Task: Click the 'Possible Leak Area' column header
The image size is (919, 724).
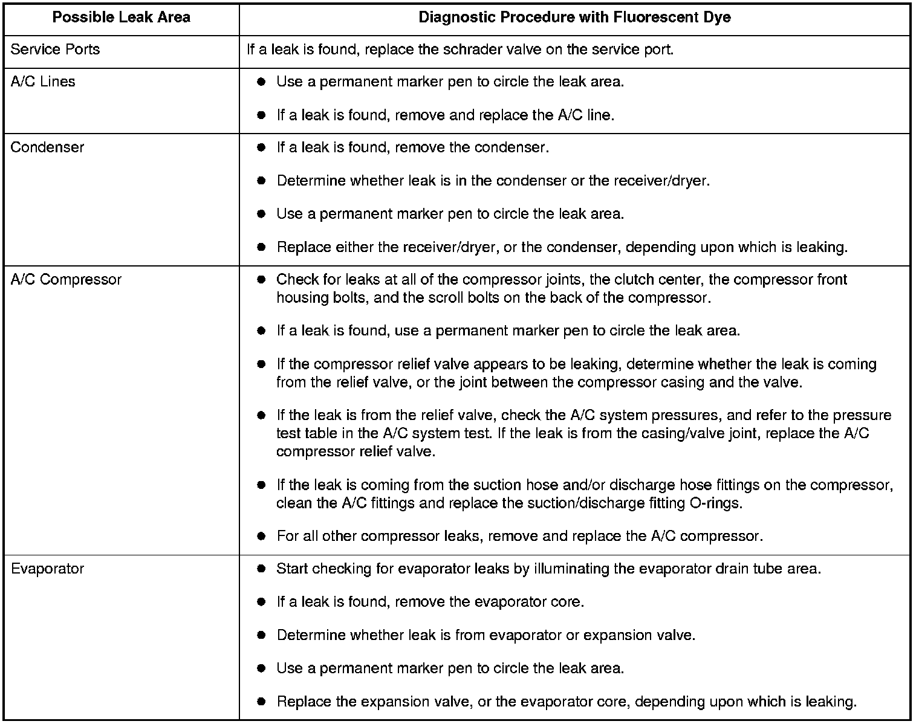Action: point(121,18)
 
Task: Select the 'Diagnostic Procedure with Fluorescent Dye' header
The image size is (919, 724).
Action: point(574,18)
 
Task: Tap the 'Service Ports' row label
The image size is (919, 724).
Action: point(55,50)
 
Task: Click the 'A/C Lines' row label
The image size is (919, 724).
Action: point(43,82)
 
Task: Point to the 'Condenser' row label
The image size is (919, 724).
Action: point(47,147)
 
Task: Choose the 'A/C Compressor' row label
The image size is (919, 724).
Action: point(66,280)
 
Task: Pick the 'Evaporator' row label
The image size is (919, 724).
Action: point(47,569)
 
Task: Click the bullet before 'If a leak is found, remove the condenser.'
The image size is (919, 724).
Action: point(261,148)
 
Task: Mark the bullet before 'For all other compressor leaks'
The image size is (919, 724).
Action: point(261,537)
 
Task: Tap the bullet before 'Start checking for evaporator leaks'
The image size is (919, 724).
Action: point(261,569)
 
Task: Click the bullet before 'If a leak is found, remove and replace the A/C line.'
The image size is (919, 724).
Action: point(261,115)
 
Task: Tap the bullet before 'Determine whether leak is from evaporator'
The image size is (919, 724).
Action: point(261,636)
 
